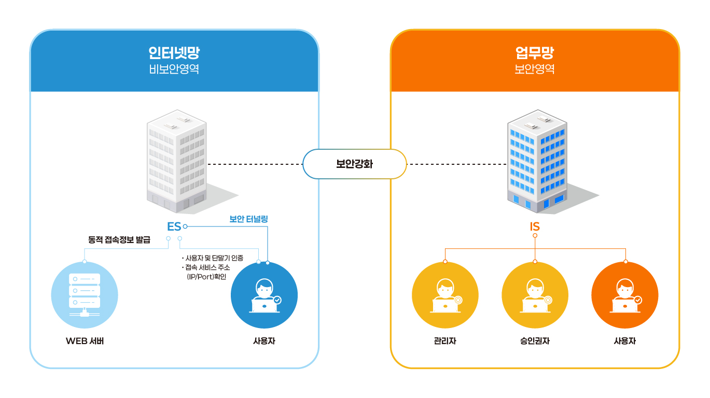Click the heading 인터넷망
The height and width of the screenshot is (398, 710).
[x=174, y=53]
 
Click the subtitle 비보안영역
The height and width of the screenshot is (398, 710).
[x=174, y=69]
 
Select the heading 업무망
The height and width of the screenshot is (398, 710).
[x=535, y=53]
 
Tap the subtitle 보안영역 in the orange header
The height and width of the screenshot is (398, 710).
[x=535, y=69]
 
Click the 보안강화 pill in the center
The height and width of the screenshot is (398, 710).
[x=354, y=164]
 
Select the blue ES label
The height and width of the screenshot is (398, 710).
[x=174, y=226]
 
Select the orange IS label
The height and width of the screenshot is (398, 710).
[x=535, y=226]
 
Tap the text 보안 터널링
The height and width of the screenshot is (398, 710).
[x=248, y=219]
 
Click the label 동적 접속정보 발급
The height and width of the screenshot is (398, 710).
[x=119, y=240]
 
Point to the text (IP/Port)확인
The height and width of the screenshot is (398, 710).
[x=206, y=277]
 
